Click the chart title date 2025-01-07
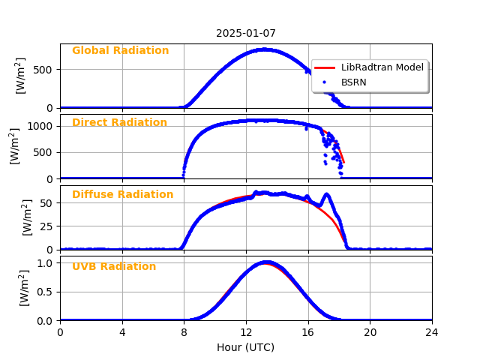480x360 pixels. [x=246, y=33]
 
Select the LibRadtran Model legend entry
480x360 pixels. [x=382, y=67]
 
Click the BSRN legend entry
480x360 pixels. [x=354, y=82]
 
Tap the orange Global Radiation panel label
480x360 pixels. [x=120, y=51]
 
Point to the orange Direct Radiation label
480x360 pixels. [x=119, y=123]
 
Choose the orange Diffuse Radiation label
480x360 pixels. [x=122, y=195]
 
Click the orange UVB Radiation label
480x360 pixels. [x=114, y=267]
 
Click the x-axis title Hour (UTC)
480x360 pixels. [x=246, y=347]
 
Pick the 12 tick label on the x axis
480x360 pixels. [x=246, y=332]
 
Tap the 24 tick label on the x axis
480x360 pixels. [x=432, y=332]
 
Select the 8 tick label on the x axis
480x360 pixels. [x=184, y=332]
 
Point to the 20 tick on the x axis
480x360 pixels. [x=370, y=332]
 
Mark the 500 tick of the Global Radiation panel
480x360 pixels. [x=46, y=70]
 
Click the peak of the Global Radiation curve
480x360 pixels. [x=264, y=49]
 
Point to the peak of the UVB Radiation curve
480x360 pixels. [x=265, y=262]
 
